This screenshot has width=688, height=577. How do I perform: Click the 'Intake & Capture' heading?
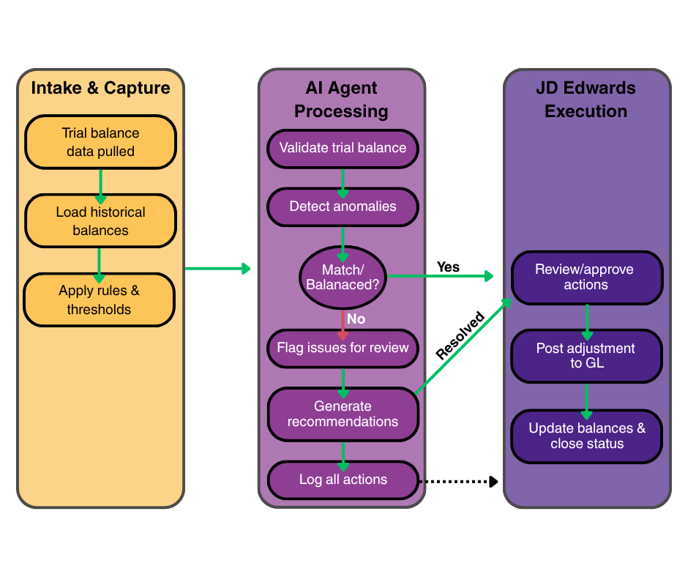tap(100, 89)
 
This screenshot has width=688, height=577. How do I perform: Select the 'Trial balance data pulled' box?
tap(100, 142)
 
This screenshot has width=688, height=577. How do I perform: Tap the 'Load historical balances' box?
tap(100, 221)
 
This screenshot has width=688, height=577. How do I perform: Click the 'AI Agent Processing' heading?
tap(342, 100)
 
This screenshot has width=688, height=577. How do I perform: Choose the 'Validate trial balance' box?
tap(343, 148)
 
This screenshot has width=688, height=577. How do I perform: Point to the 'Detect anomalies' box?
tap(343, 206)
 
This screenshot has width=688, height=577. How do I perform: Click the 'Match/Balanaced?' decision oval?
tap(342, 276)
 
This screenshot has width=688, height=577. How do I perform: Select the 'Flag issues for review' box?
tap(343, 348)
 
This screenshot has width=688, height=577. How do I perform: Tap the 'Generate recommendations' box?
tap(343, 414)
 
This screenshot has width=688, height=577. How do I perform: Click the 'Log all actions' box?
tap(343, 480)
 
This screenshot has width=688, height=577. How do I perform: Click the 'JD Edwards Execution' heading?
tap(586, 100)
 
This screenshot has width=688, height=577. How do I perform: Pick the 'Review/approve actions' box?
tap(586, 277)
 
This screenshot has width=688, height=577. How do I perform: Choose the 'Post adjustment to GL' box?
tap(586, 355)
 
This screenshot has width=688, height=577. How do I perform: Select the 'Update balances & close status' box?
tap(587, 436)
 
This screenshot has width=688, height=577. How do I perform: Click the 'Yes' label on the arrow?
tap(448, 267)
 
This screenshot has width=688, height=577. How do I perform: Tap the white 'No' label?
tap(356, 319)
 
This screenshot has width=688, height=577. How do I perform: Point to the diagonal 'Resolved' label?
tap(460, 335)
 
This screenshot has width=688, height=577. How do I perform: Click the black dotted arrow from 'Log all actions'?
tap(458, 481)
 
